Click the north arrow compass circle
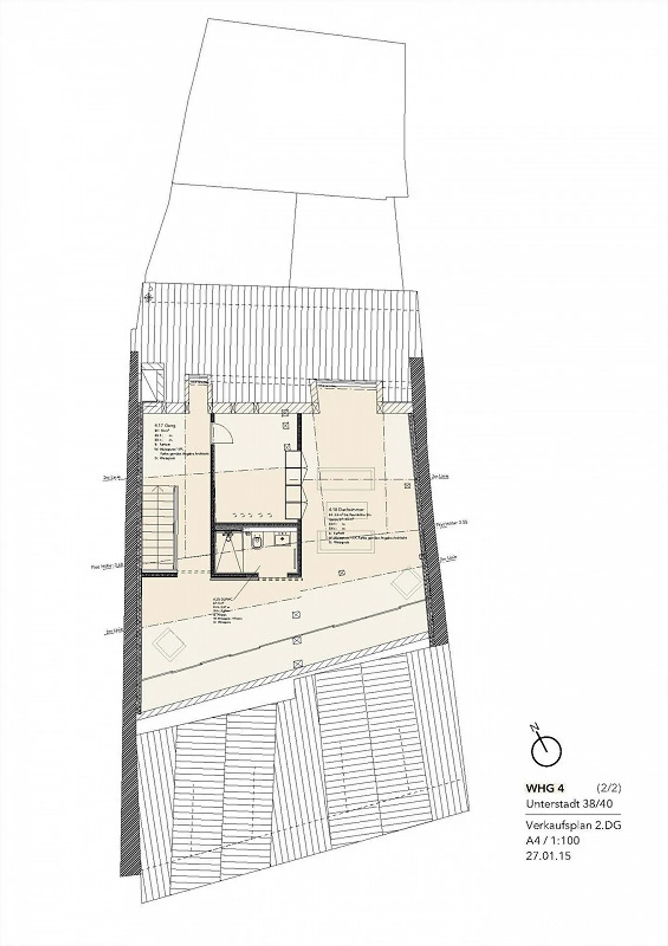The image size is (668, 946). pos(546,752)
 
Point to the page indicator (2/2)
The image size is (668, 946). pos(608,787)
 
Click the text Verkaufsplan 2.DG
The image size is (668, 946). pos(573,825)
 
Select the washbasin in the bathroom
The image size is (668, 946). pos(281,540)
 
